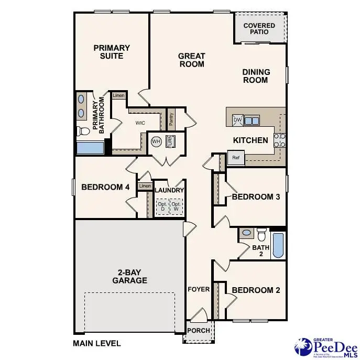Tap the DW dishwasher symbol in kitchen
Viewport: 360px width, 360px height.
point(237,120)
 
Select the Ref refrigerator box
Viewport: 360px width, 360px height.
point(235,157)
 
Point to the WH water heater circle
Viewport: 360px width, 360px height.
point(156,141)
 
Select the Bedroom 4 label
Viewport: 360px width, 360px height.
point(105,187)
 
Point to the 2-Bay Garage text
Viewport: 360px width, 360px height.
point(129,276)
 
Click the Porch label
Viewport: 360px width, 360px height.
point(199,331)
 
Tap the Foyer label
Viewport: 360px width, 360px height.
point(199,289)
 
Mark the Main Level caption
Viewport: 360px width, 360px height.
point(97,344)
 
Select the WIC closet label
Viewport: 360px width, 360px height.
point(140,123)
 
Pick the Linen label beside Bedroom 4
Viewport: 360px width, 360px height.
point(145,186)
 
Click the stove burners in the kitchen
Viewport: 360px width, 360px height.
point(280,140)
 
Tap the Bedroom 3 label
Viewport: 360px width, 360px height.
point(256,197)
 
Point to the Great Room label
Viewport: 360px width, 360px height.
point(191,60)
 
